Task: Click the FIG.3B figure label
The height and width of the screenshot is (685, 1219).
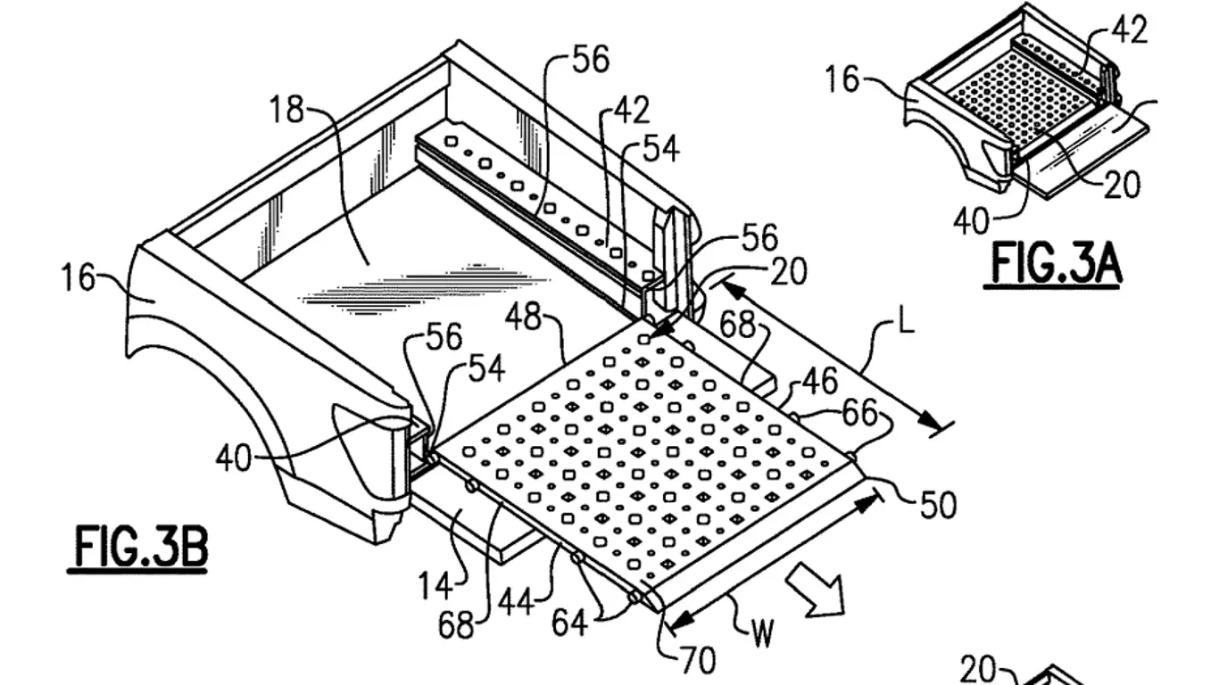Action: (140, 547)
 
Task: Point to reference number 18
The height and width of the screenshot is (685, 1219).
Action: (287, 111)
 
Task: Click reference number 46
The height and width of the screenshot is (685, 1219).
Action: (819, 382)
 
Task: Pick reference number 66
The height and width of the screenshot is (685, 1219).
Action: (860, 413)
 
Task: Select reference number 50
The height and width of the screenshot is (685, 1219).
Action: (938, 505)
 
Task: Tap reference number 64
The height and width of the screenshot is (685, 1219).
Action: (568, 622)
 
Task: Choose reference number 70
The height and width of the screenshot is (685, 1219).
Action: (698, 660)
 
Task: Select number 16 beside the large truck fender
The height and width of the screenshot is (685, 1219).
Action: (79, 277)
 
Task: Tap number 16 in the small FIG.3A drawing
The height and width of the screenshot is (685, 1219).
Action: (842, 80)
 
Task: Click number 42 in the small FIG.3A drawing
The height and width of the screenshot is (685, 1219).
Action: (1129, 30)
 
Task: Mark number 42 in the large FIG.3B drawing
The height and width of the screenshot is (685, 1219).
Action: (631, 111)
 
